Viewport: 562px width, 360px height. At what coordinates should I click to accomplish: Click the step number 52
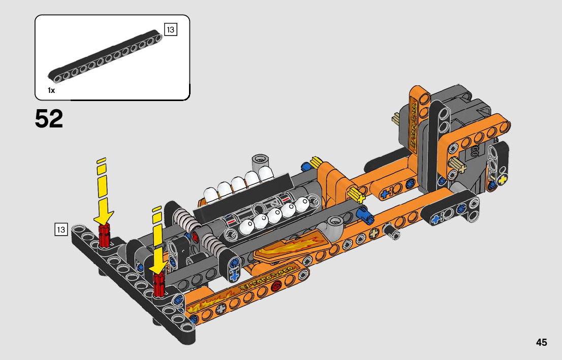tap(49, 119)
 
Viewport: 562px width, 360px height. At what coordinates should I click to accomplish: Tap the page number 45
tap(541, 342)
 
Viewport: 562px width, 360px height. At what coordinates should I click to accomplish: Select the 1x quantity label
tap(51, 90)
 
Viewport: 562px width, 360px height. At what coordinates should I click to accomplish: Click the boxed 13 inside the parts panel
tap(170, 29)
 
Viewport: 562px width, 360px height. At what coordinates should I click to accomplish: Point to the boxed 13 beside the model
tap(61, 230)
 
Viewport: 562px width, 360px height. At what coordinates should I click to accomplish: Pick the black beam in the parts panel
tap(107, 59)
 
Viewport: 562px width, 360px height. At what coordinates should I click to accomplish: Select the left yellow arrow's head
tap(104, 215)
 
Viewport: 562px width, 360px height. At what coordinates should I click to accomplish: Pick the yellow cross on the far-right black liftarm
tap(503, 180)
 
